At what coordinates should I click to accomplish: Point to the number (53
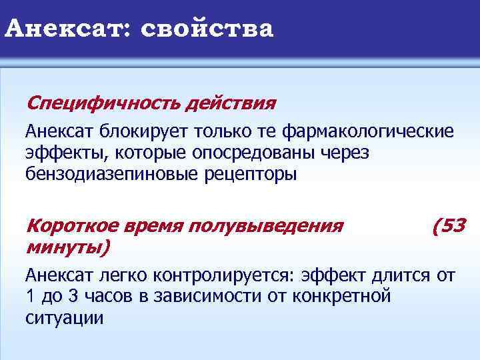tap(449, 226)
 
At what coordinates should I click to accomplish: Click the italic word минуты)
tap(67, 247)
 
